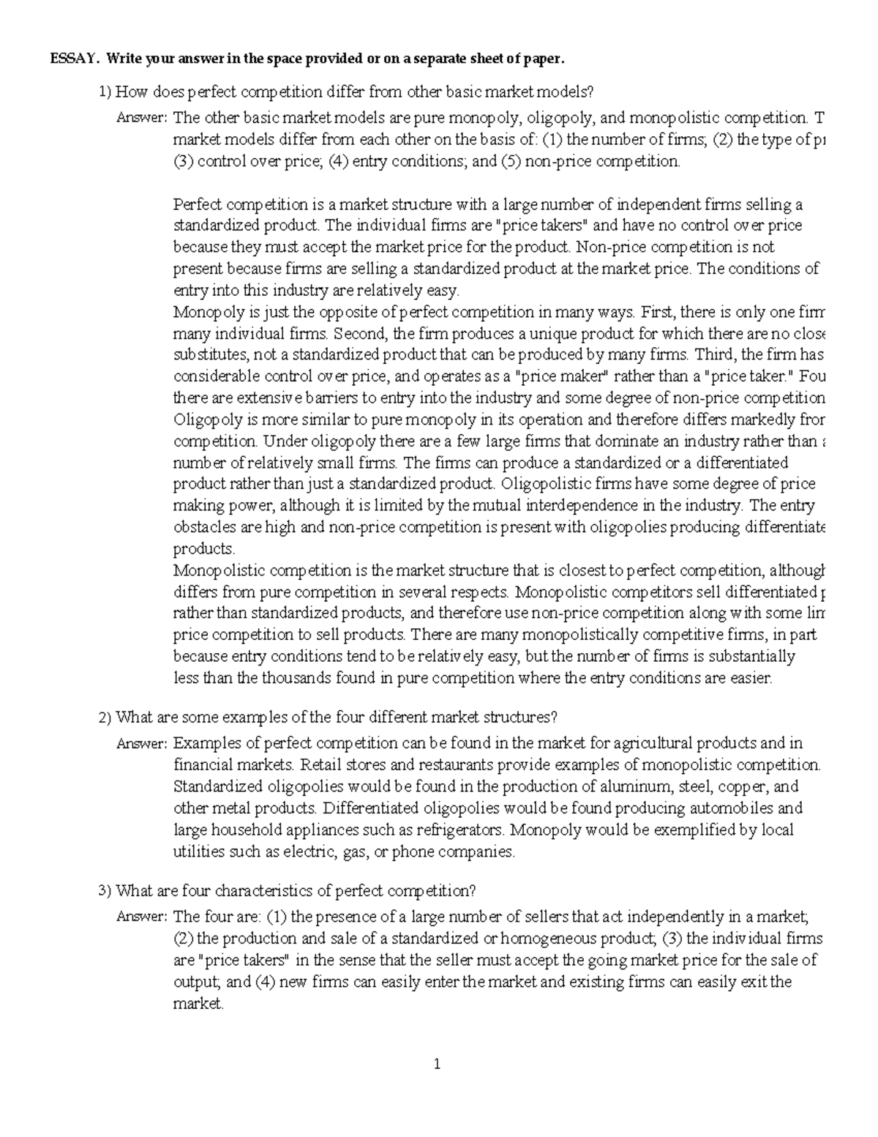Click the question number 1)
105,92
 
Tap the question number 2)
105,717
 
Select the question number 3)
105,891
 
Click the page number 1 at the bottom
438,1065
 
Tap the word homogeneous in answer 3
541,939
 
